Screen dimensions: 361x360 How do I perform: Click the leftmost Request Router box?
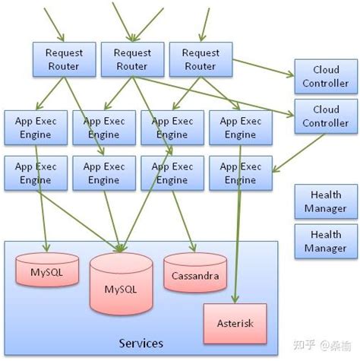pos(65,59)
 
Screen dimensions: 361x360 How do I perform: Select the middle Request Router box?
pos(132,59)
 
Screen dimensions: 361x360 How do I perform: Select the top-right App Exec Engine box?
pos(239,128)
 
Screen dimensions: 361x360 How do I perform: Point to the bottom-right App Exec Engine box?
pos(239,173)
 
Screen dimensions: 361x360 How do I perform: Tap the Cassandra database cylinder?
pos(195,275)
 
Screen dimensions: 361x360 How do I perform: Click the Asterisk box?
pos(235,322)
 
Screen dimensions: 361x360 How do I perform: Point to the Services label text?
pos(141,344)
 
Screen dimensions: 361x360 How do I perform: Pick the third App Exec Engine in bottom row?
pos(171,173)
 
